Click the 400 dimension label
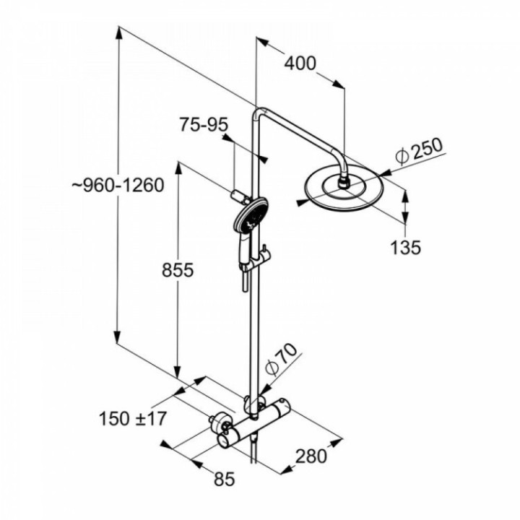(x=300, y=64)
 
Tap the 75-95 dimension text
(x=204, y=125)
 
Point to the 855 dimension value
(x=178, y=270)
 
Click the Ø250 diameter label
(x=418, y=152)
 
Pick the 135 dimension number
(x=405, y=248)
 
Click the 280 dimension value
(x=311, y=456)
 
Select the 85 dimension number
(x=225, y=477)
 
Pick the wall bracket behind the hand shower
(x=235, y=196)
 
